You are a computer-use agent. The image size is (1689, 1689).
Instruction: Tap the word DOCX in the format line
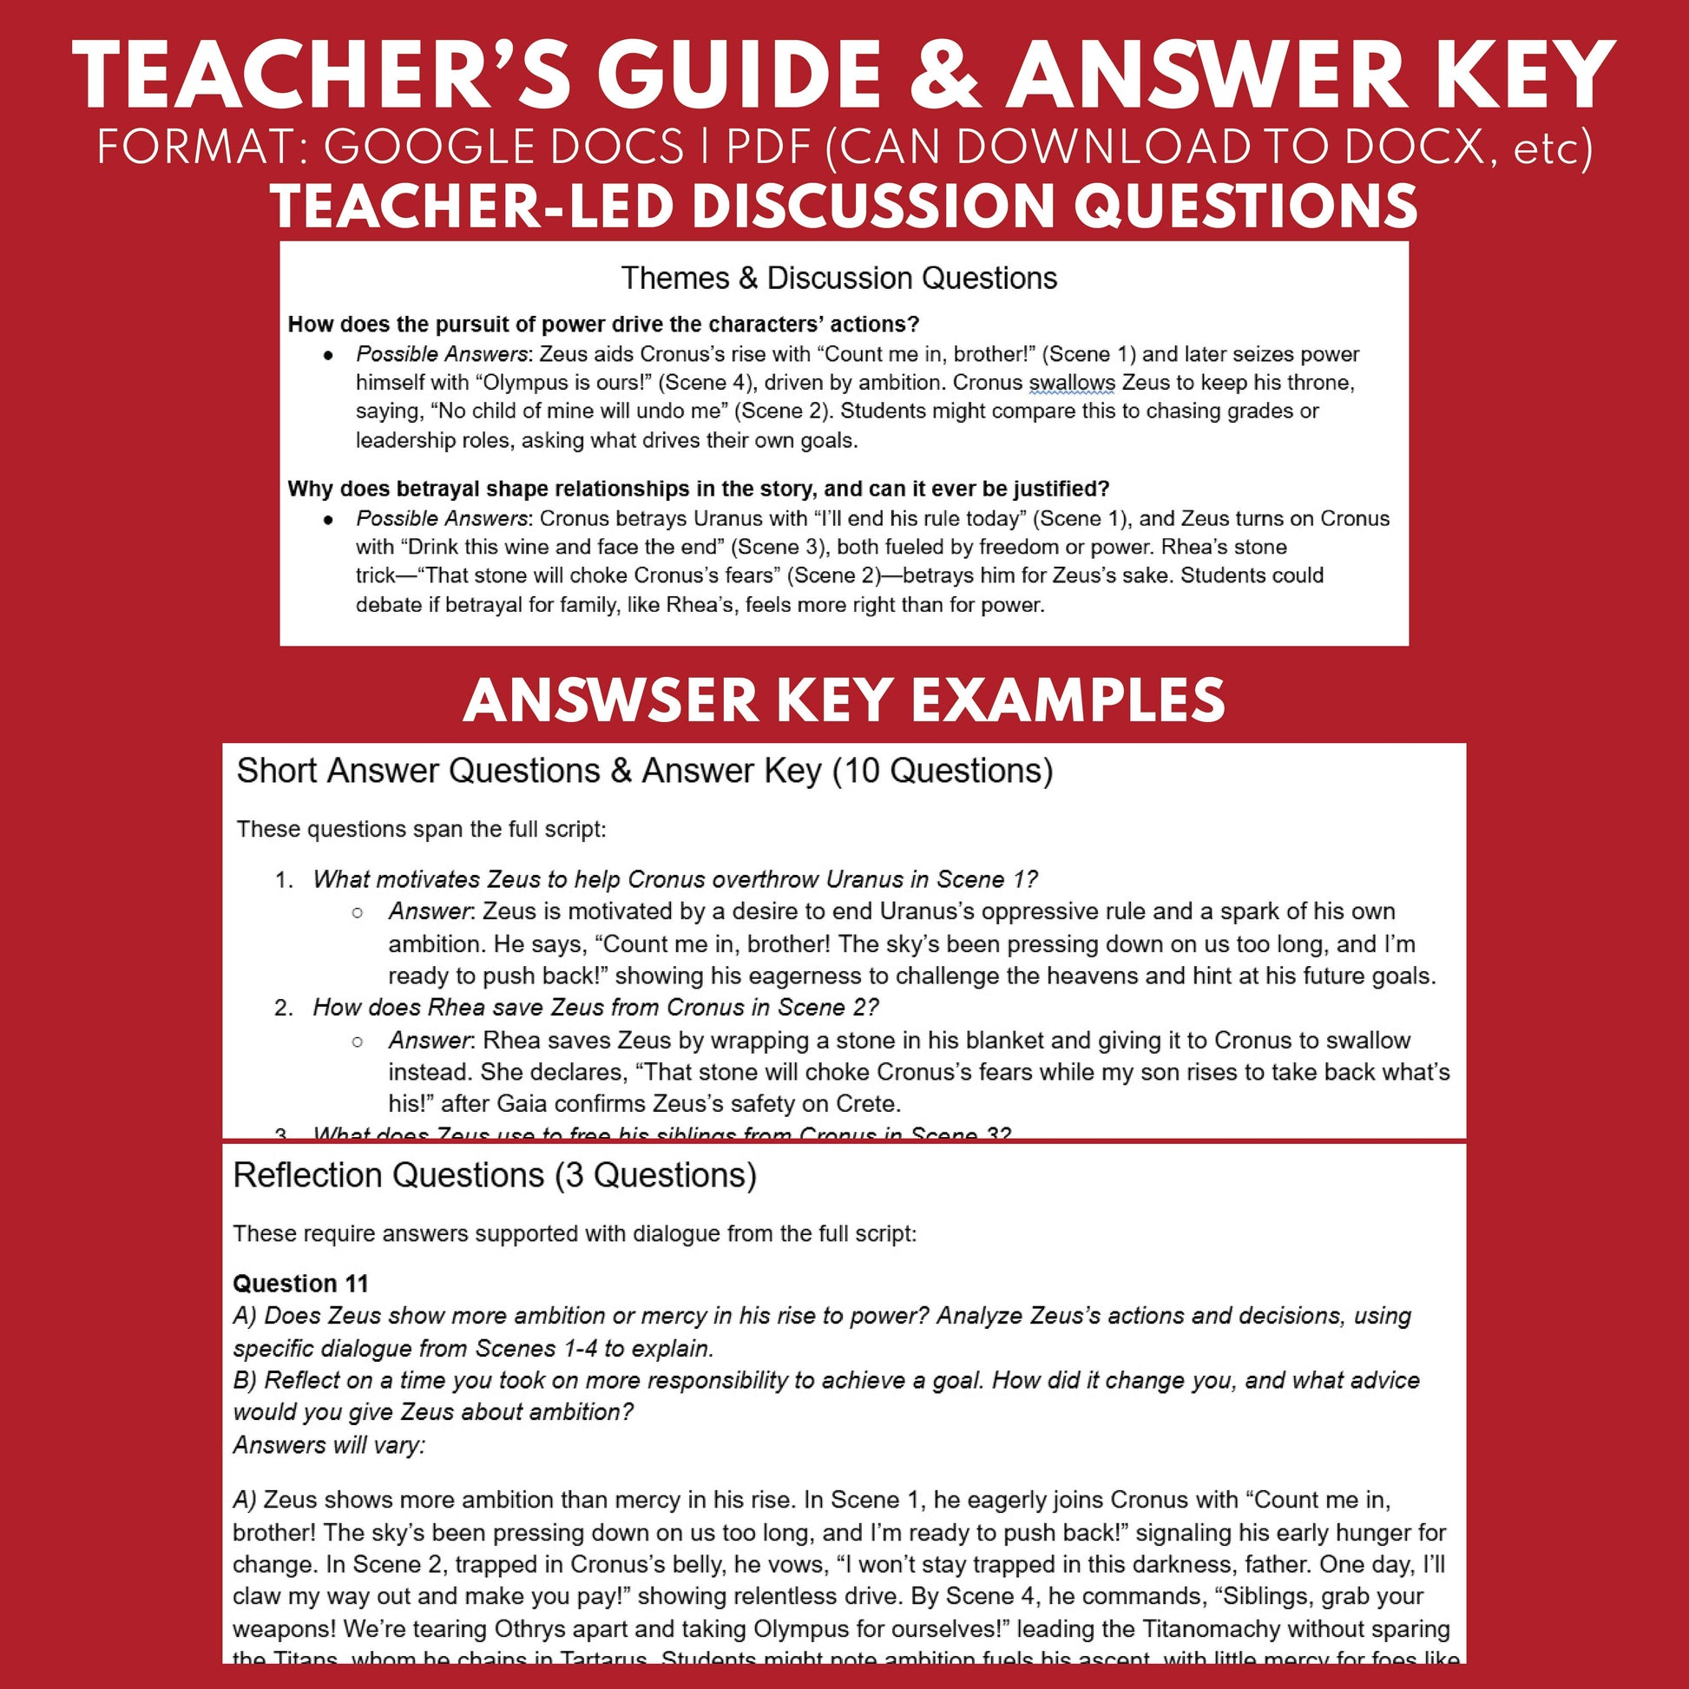1416,147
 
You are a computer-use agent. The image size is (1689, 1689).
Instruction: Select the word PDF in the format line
770,147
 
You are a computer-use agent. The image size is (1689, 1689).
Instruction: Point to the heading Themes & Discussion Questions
838,278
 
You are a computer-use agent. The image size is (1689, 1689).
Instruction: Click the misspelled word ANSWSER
611,700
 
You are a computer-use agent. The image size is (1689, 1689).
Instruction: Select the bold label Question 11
299,1284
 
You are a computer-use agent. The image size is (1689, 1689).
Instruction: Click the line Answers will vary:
329,1445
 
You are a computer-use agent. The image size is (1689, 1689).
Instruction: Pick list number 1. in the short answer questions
284,879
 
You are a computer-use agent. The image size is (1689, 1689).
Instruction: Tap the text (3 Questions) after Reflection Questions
655,1176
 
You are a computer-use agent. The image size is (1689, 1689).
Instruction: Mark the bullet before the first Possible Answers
329,355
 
